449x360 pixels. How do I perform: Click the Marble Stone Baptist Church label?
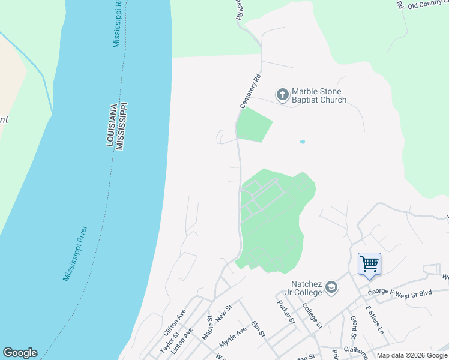(319, 95)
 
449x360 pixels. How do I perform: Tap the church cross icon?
(282, 94)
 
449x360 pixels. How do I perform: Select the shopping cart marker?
(369, 263)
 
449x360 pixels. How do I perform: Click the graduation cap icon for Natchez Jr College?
(331, 288)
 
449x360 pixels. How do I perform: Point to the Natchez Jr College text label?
(299, 288)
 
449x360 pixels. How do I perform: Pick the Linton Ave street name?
(182, 340)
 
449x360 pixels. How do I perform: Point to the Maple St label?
(208, 328)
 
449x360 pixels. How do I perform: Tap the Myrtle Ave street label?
(233, 337)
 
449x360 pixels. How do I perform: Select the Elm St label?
(258, 329)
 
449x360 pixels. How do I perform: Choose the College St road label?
(313, 316)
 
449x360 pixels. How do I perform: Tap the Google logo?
(20, 353)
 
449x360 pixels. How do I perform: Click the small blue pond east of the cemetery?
(302, 142)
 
